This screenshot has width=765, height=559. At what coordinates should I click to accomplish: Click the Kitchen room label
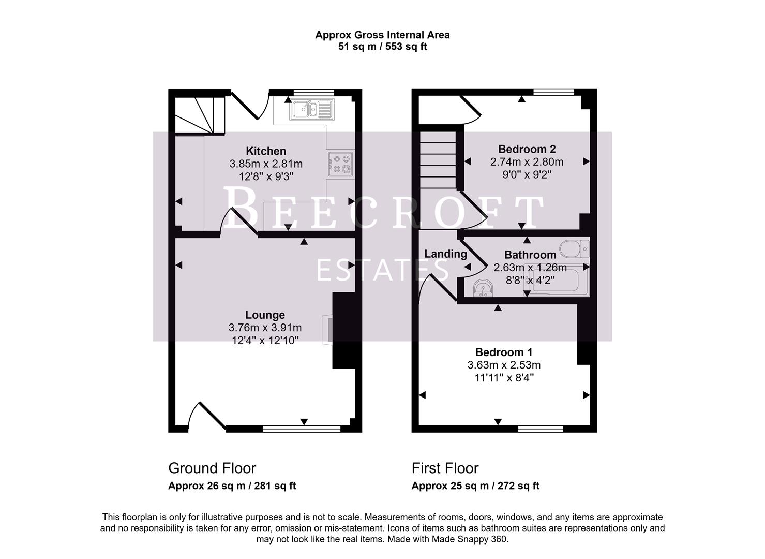(x=266, y=151)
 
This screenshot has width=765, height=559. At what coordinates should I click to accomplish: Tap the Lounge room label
(x=265, y=315)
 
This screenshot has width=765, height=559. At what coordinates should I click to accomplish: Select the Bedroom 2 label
(x=527, y=149)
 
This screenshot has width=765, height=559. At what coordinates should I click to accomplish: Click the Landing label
(x=445, y=254)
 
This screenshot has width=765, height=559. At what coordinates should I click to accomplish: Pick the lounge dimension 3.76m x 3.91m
(x=265, y=328)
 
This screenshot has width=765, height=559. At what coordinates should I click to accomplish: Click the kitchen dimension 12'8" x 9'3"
(x=266, y=176)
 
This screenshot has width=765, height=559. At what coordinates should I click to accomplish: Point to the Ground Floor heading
(x=212, y=468)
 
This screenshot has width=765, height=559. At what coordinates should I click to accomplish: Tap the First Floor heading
(x=445, y=468)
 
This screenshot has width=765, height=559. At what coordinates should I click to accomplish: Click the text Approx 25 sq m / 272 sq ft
(x=475, y=486)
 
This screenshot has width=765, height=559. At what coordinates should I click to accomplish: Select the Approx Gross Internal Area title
(x=382, y=35)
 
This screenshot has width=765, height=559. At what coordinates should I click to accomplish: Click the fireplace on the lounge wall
(x=327, y=330)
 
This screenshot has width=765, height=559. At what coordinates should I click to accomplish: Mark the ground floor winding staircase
(x=199, y=114)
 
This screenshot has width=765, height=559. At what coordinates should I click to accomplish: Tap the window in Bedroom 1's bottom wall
(x=541, y=429)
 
